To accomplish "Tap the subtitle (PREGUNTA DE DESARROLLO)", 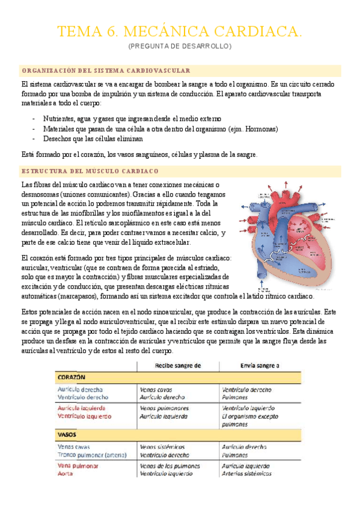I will [180, 46].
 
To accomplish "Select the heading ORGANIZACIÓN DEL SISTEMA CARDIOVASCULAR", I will [106, 70].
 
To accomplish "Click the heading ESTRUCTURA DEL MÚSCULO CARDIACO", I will [89, 171].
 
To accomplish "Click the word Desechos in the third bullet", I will [58, 138].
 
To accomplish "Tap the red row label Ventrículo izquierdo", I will [84, 416].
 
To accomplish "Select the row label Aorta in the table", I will [66, 473].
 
